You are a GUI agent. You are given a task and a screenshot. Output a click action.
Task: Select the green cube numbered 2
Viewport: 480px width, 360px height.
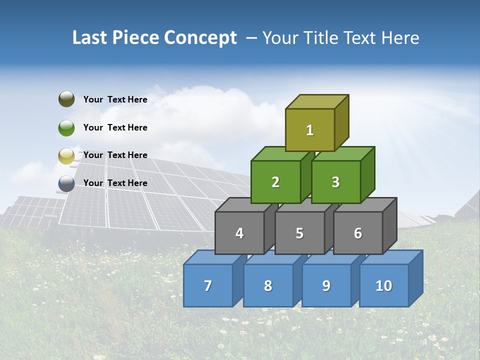click(275, 182)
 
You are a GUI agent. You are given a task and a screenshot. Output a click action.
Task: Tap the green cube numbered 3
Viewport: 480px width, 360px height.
click(335, 182)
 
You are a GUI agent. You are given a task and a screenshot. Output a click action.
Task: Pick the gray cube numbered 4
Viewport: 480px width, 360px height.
click(239, 233)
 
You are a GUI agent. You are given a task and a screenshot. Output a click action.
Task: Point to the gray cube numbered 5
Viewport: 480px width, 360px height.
click(299, 233)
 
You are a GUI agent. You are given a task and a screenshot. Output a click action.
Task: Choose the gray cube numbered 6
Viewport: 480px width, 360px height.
click(358, 233)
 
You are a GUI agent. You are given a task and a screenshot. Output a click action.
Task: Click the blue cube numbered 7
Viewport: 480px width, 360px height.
click(208, 285)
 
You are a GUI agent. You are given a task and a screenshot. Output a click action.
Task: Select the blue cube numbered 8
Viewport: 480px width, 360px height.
click(268, 285)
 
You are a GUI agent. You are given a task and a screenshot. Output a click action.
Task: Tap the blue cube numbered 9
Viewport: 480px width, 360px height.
click(326, 285)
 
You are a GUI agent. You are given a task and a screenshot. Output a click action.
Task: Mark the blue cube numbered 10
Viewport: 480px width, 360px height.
click(383, 285)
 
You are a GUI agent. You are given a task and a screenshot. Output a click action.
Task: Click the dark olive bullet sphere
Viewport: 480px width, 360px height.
click(66, 99)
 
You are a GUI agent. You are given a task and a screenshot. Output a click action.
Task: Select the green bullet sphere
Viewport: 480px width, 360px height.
click(66, 127)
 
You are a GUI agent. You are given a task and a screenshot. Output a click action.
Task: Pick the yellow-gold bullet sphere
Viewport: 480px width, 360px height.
click(66, 156)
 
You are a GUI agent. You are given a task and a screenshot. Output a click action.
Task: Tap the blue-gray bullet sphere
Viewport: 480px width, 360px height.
click(66, 183)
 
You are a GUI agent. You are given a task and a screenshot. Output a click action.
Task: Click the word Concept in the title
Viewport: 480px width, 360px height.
click(200, 38)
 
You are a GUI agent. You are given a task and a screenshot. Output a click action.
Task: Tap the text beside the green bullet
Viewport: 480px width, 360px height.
click(115, 127)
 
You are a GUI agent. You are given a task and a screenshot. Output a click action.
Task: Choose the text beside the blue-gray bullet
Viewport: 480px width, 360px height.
click(115, 183)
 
